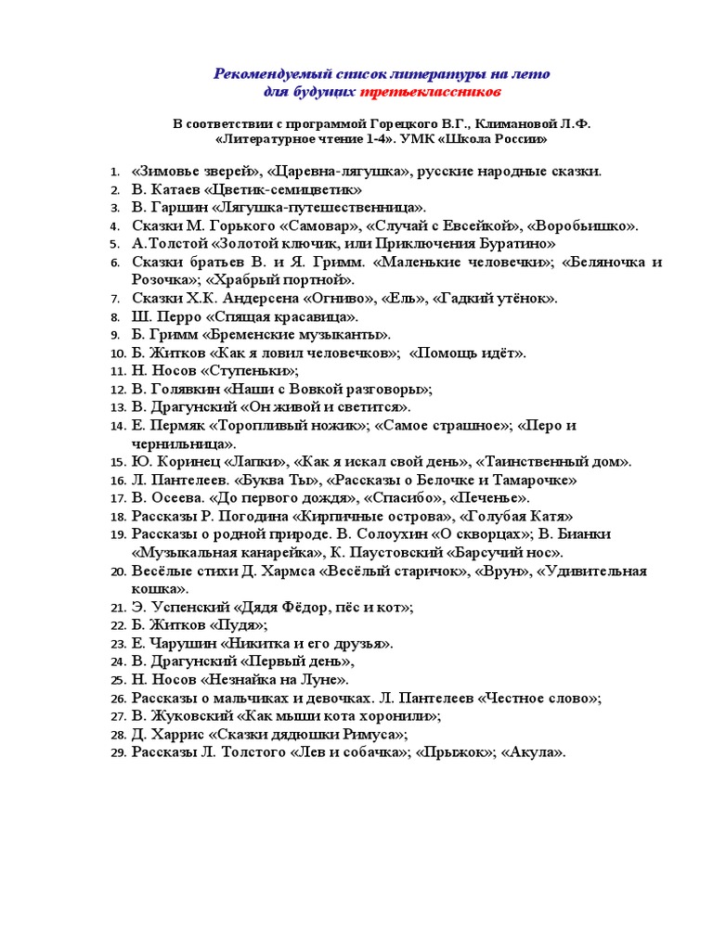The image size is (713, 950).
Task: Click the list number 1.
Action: click(113, 172)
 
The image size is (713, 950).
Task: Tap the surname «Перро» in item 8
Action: click(175, 316)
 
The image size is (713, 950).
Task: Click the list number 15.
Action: click(116, 462)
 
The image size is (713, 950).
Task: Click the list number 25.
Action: click(116, 680)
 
